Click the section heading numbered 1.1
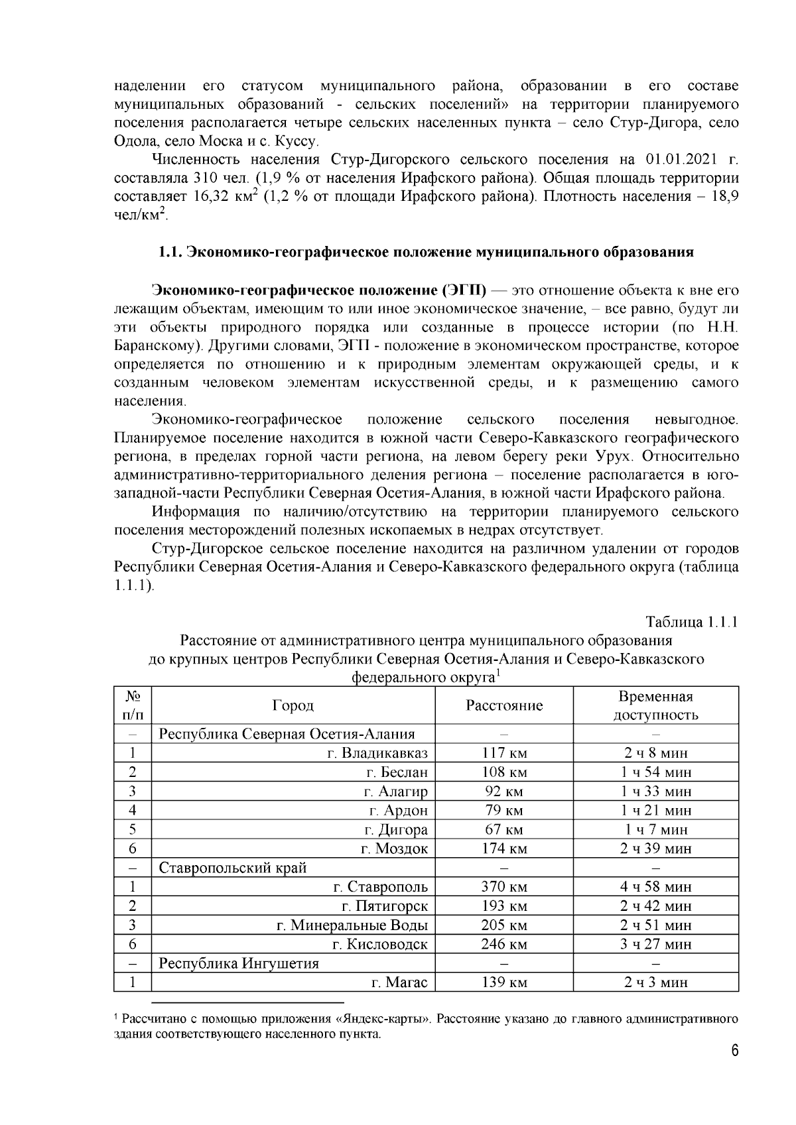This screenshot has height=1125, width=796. tap(425, 252)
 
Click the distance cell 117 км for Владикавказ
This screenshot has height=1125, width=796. tap(503, 753)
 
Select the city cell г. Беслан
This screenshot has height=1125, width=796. tap(397, 772)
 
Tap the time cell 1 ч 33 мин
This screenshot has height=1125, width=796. tap(655, 792)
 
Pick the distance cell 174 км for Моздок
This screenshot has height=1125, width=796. tap(503, 849)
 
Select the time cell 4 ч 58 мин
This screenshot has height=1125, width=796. tap(655, 887)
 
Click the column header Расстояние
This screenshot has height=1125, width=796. tap(503, 705)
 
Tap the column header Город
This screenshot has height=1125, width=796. tap(293, 705)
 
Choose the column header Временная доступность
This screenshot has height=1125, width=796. tap(655, 705)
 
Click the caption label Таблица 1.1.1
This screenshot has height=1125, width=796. tap(692, 622)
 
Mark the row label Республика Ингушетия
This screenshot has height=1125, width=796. tap(239, 963)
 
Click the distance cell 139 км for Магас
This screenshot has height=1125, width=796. tap(503, 982)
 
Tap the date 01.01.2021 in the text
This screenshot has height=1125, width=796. tap(677, 160)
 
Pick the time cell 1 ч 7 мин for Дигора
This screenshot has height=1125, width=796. tap(655, 829)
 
